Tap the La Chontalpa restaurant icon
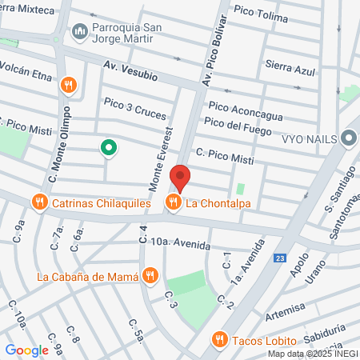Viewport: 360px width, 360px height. coord(173,202)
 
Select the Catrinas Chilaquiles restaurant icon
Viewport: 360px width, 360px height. coord(39,202)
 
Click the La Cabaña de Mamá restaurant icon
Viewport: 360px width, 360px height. coord(150,278)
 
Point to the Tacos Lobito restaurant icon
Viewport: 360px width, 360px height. coord(220,339)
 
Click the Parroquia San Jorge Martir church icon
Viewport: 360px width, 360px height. coord(79,32)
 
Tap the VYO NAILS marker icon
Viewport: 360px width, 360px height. coord(348,138)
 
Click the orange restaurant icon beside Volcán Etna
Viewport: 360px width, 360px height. coord(70,84)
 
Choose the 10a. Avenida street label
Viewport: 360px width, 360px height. coord(180,242)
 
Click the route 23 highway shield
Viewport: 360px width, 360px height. coord(279,258)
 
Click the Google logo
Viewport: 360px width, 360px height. coord(26,350)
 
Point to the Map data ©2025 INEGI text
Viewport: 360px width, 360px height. coord(312,354)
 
